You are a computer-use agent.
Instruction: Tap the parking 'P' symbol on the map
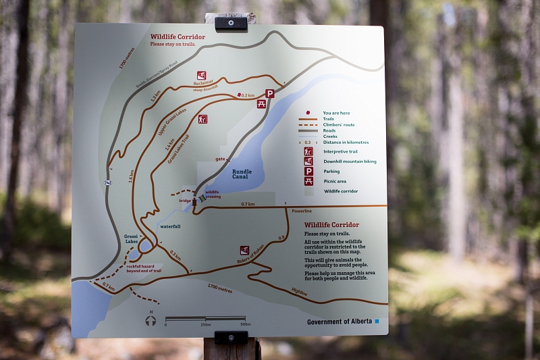(270, 94)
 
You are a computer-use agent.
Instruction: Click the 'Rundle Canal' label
(242, 174)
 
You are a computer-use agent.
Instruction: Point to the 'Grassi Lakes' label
(131, 239)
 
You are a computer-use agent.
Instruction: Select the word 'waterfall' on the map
(170, 226)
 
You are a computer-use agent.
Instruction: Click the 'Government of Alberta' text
(340, 322)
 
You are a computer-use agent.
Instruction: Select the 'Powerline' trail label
(302, 211)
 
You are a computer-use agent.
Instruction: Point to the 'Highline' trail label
(299, 291)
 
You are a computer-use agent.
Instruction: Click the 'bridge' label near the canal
(185, 201)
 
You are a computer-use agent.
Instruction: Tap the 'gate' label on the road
(219, 159)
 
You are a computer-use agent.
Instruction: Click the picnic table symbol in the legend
(308, 181)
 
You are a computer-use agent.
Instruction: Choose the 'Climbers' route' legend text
(338, 126)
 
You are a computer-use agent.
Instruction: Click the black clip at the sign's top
(231, 23)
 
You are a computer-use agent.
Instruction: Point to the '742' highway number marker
(108, 183)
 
